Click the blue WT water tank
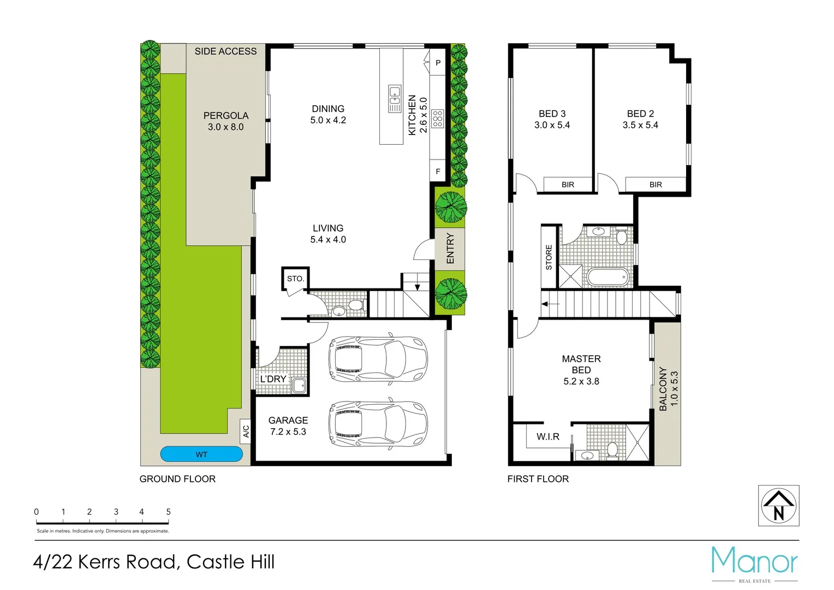coord(201,454)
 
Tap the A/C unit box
coord(246,431)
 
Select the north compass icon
coord(778,506)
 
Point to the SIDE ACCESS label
coord(225,51)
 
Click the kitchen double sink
coord(395,98)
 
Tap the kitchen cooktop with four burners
coord(437,119)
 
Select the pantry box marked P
coord(438,63)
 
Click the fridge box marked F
coord(438,172)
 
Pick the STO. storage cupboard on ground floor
coord(295,279)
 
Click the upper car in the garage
coord(378,359)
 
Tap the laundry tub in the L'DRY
coord(299,385)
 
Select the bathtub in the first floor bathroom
coord(608,277)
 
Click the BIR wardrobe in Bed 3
coord(568,185)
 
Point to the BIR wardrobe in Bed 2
coord(656,185)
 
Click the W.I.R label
coord(547,436)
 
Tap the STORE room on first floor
coord(549,257)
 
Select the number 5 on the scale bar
coord(168,512)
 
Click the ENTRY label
coord(450,249)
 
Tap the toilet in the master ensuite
coord(612,450)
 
